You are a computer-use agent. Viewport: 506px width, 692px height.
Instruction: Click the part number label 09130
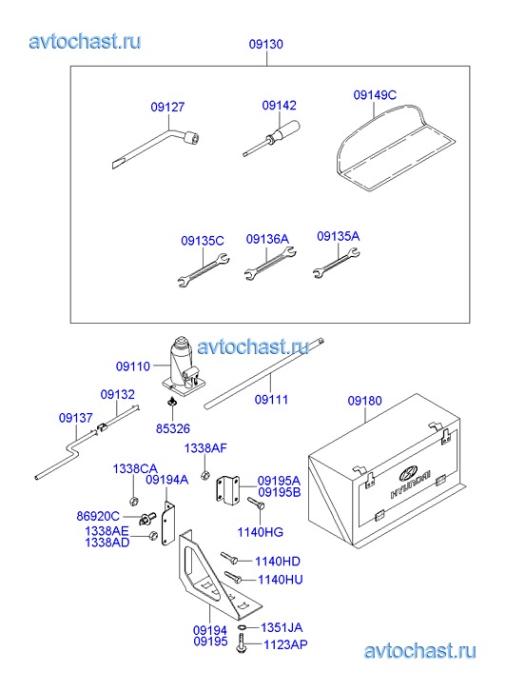pyautogui.click(x=266, y=44)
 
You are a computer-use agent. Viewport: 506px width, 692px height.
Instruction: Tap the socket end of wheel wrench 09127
pyautogui.click(x=193, y=137)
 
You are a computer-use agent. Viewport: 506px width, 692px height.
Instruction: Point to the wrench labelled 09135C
pyautogui.click(x=204, y=269)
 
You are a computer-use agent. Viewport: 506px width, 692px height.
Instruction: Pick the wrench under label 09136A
pyautogui.click(x=269, y=264)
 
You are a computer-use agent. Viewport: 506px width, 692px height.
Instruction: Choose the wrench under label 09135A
pyautogui.click(x=337, y=263)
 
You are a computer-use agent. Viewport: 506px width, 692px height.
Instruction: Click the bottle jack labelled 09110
pyautogui.click(x=183, y=367)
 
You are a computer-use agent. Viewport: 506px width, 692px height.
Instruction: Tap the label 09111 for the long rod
pyautogui.click(x=271, y=400)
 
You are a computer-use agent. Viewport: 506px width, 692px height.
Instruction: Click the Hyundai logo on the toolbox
pyautogui.click(x=408, y=473)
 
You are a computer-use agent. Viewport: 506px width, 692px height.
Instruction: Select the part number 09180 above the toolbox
pyautogui.click(x=365, y=401)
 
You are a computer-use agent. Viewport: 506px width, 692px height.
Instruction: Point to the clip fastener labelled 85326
pyautogui.click(x=171, y=402)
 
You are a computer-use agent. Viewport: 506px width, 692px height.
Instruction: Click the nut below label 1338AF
pyautogui.click(x=204, y=475)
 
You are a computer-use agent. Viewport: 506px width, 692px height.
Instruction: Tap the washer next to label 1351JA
pyautogui.click(x=242, y=627)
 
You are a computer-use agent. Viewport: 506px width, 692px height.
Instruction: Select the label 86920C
pyautogui.click(x=98, y=516)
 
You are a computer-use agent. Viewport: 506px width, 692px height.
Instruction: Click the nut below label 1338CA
pyautogui.click(x=133, y=502)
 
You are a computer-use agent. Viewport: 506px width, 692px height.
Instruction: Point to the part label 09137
pyautogui.click(x=76, y=418)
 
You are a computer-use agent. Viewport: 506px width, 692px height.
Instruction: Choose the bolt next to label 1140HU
pyautogui.click(x=233, y=577)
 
